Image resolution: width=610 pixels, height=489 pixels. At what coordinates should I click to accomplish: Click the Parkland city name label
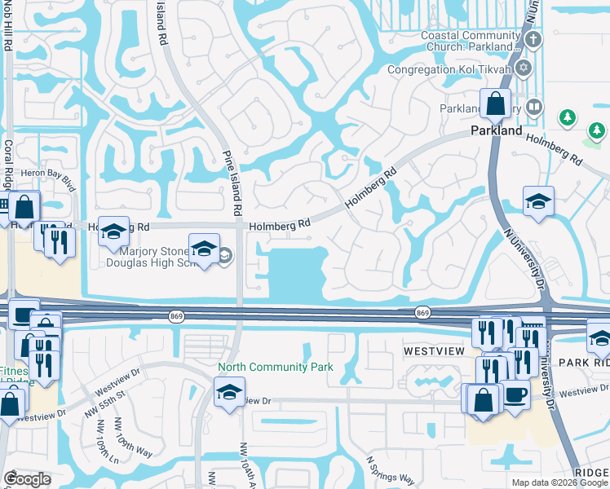click(496, 130)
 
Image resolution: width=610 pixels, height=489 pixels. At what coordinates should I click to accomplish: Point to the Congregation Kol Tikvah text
click(449, 69)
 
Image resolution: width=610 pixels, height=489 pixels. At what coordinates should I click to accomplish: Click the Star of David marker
click(524, 68)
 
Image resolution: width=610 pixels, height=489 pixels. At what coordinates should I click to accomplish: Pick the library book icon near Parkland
click(533, 106)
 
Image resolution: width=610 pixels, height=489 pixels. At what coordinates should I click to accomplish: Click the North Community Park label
click(276, 367)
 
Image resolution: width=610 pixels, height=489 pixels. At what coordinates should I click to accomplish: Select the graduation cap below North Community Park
click(230, 391)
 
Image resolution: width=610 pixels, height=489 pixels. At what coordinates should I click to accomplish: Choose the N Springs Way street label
click(390, 470)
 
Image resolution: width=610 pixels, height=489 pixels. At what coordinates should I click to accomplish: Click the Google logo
click(27, 479)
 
